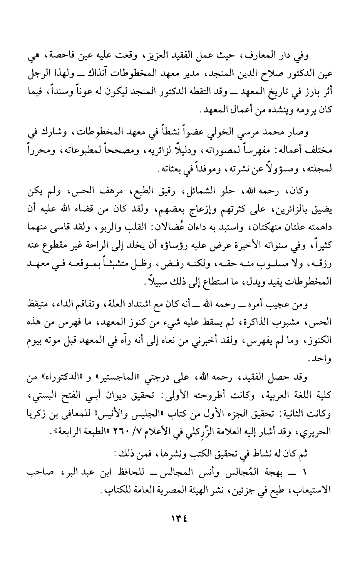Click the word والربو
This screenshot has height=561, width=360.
point(87,219)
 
